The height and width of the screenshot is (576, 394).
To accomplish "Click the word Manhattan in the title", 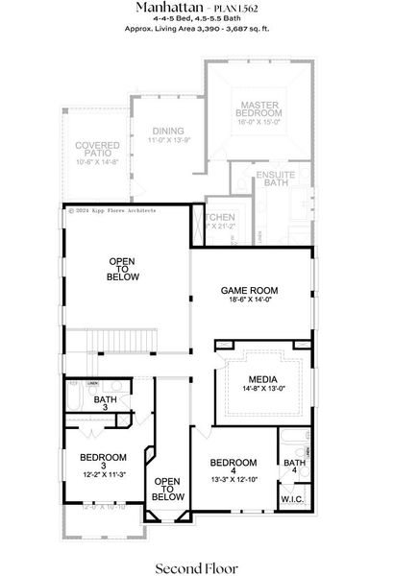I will point(163,7).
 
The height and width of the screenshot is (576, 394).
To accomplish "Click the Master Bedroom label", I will point(260,108).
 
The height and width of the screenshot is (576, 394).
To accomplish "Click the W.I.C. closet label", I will point(292,499).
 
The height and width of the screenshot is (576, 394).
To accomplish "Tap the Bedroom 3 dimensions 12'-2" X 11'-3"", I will point(103,471).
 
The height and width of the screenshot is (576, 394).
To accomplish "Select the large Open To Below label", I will point(123,269).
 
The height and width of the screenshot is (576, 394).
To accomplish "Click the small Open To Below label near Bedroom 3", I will point(167,490).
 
